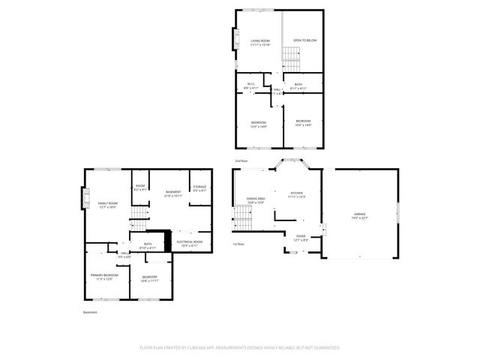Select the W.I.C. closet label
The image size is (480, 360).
[x=250, y=85]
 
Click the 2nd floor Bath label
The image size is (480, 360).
[x=298, y=86]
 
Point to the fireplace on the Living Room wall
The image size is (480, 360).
[x=232, y=39]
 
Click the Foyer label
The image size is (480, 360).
[x=301, y=237]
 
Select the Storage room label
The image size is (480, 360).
[x=199, y=188]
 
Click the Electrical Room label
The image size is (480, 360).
[x=189, y=244]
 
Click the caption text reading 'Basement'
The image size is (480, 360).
[x=89, y=313]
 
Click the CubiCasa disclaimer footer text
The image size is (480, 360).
[x=240, y=348]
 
